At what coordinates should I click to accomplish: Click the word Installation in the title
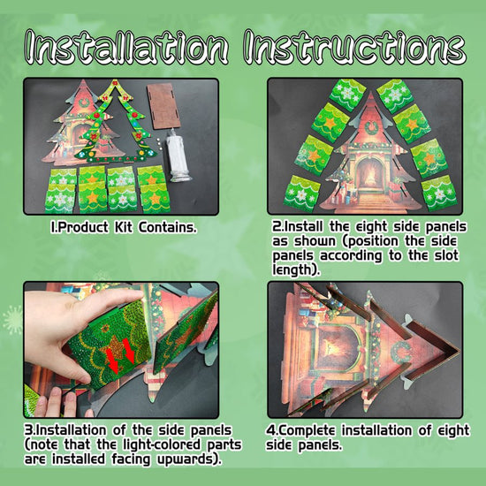pos(126,47)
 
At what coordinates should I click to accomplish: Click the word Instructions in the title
pos(354,47)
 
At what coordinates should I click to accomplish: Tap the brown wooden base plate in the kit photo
pos(163,105)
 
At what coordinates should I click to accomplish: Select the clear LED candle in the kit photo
pos(178,156)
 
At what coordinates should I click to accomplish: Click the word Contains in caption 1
pos(167,227)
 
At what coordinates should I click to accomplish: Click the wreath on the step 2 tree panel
pos(371,128)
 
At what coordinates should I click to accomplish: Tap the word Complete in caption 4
pos(307,430)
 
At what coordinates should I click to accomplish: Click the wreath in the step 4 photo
pos(401,352)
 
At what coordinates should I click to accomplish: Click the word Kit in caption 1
pos(124,227)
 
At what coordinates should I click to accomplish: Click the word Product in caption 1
pos(83,227)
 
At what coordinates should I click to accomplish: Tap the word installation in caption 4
pos(377,430)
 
